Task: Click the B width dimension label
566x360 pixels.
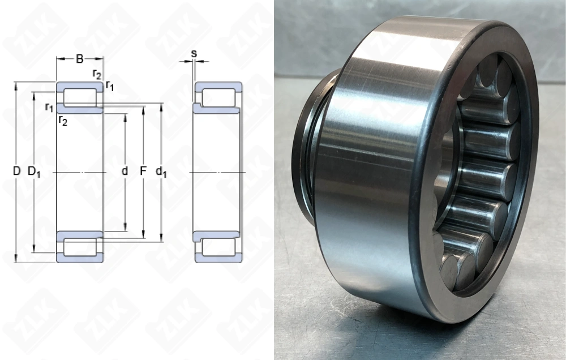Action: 80,58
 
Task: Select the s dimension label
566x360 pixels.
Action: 194,54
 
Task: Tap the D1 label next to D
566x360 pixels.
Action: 34,172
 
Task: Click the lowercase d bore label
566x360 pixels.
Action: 125,170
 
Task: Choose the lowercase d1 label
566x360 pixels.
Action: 161,172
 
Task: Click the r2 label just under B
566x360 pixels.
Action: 97,74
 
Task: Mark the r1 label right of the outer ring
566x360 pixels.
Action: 110,87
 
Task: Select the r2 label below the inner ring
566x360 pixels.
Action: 62,120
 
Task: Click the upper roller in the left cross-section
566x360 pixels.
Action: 79,96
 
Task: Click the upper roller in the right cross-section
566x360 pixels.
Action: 219,96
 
